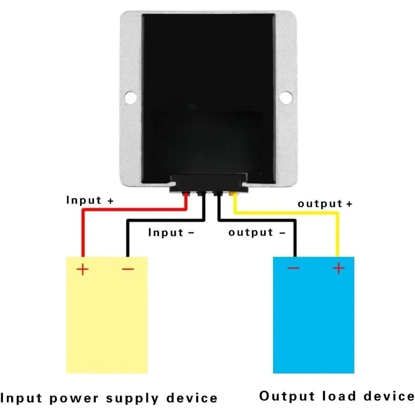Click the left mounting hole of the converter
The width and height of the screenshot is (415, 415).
(x=130, y=98)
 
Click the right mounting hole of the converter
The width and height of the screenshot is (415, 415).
(x=286, y=98)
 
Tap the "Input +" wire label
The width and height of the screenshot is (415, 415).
(x=90, y=200)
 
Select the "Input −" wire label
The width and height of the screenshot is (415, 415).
(x=171, y=232)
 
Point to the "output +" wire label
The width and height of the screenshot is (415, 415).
(x=325, y=203)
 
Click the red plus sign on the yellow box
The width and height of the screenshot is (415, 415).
(x=82, y=269)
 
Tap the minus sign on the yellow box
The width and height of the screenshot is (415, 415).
(x=128, y=269)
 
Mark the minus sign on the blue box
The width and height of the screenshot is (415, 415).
(x=293, y=268)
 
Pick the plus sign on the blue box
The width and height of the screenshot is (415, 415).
(x=339, y=269)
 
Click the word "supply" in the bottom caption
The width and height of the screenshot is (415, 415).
(x=132, y=398)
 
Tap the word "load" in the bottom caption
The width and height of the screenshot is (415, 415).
(x=339, y=396)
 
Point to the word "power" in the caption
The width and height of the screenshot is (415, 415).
(x=74, y=398)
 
